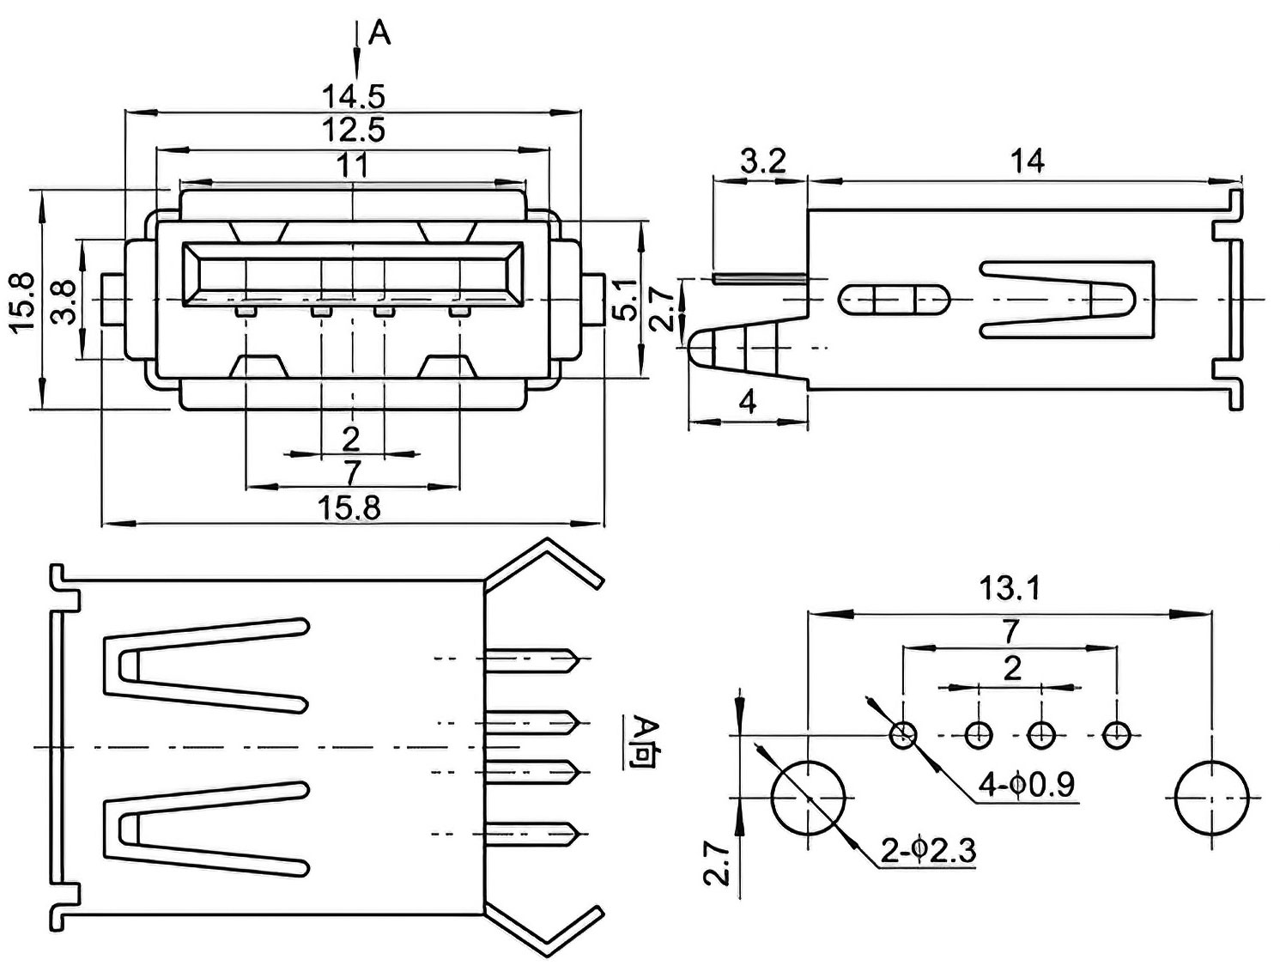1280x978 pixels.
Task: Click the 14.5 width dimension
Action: click(x=354, y=97)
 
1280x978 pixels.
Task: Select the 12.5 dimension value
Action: click(x=354, y=130)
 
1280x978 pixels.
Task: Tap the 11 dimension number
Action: click(x=354, y=166)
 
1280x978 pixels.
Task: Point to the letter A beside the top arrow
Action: click(x=379, y=34)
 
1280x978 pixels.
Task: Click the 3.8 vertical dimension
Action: click(x=63, y=301)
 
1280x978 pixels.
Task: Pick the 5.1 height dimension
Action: click(x=626, y=301)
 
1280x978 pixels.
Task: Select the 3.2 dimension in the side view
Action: click(x=762, y=161)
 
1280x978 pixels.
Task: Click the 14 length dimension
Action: click(x=1027, y=161)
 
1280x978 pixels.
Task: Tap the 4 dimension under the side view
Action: click(x=748, y=402)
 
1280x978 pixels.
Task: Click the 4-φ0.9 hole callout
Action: click(x=1026, y=785)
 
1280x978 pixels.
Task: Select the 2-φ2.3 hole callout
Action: click(x=928, y=852)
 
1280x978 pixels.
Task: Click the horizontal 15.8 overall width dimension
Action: click(x=349, y=508)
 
